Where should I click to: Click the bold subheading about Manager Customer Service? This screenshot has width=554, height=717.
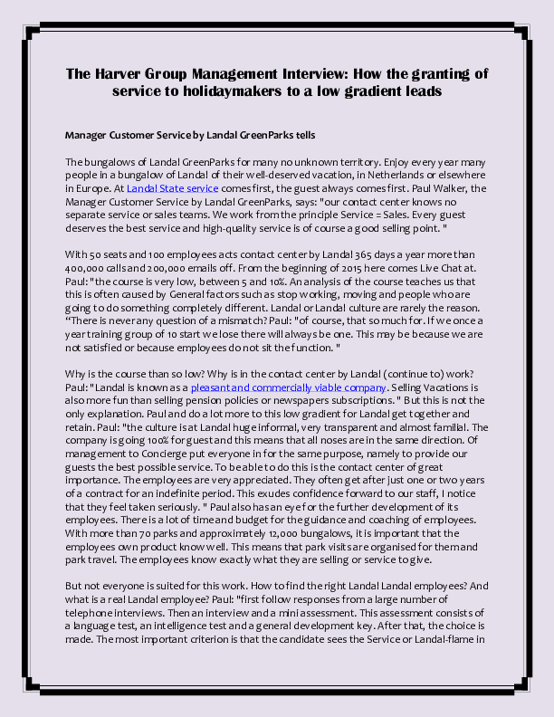click(190, 135)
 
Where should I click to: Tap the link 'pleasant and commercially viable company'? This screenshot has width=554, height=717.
click(289, 387)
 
